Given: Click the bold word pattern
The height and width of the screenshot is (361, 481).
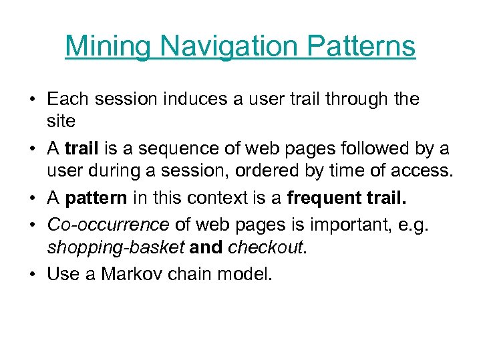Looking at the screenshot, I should coord(96,199).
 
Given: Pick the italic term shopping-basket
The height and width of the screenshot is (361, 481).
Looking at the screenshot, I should coord(116,248).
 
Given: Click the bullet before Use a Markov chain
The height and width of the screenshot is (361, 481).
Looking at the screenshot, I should coord(32,273).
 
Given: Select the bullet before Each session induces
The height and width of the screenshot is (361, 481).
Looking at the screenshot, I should coord(32,100).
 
